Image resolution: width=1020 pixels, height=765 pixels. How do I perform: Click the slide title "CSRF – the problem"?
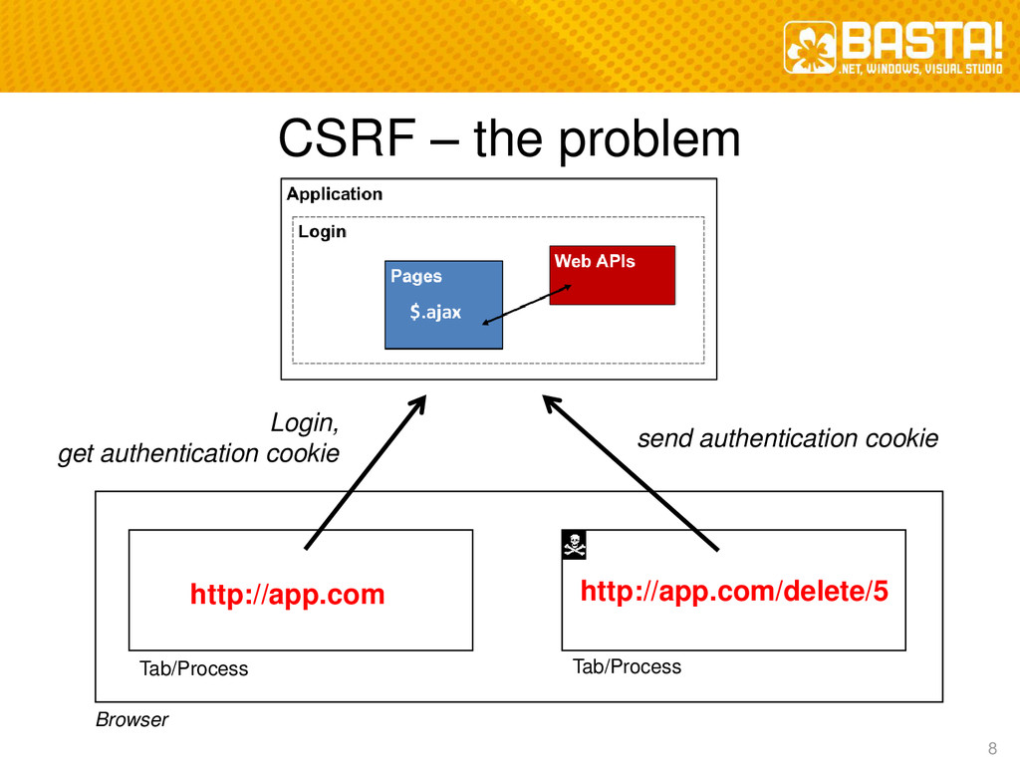[509, 140]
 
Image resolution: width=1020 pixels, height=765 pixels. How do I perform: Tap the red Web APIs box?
[612, 275]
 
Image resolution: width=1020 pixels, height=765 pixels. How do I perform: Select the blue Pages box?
[443, 304]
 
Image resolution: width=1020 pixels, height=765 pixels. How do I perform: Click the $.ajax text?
[435, 313]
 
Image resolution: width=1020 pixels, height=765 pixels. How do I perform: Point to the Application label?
[335, 194]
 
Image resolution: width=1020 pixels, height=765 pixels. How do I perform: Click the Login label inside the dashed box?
[323, 232]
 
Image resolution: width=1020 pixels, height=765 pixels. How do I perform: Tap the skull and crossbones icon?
[574, 544]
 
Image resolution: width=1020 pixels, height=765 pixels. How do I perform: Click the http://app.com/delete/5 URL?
[734, 593]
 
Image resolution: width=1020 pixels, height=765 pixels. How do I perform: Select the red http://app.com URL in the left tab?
[287, 596]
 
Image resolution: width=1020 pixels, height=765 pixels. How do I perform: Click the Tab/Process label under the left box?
[193, 668]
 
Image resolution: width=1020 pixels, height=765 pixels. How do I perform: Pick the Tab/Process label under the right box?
[627, 666]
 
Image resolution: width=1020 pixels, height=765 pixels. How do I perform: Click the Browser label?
[131, 719]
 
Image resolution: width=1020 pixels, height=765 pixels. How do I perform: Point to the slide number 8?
[991, 749]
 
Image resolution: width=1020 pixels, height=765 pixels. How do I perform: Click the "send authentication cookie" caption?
[787, 438]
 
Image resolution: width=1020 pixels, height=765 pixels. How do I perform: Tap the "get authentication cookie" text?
[198, 454]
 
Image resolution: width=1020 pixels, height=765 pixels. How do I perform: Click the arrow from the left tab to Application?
[365, 472]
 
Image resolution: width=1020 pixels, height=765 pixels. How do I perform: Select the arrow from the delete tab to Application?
[630, 472]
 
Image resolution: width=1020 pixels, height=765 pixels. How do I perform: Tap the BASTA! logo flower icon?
[809, 48]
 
